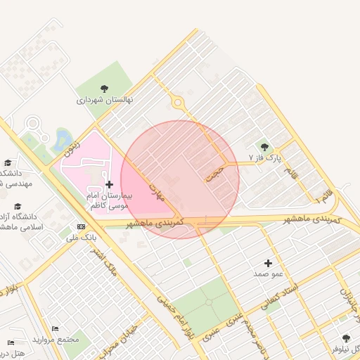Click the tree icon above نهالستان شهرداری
point(105,89)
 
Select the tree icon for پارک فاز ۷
point(264,147)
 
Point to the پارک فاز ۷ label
point(264,158)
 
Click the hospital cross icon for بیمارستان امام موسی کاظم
point(109,184)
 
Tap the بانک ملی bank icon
point(82,227)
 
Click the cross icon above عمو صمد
point(269,262)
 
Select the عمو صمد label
point(269,273)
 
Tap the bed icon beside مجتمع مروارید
point(56,329)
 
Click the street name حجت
point(215,173)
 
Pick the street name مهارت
point(156,187)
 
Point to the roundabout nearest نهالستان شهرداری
point(177,103)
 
